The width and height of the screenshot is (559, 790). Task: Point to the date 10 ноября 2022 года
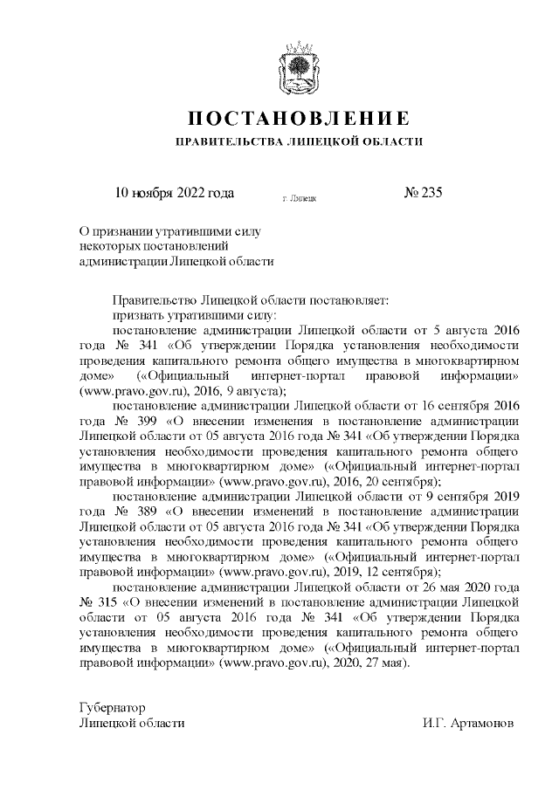(175, 193)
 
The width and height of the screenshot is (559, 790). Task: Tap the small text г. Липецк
(300, 199)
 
